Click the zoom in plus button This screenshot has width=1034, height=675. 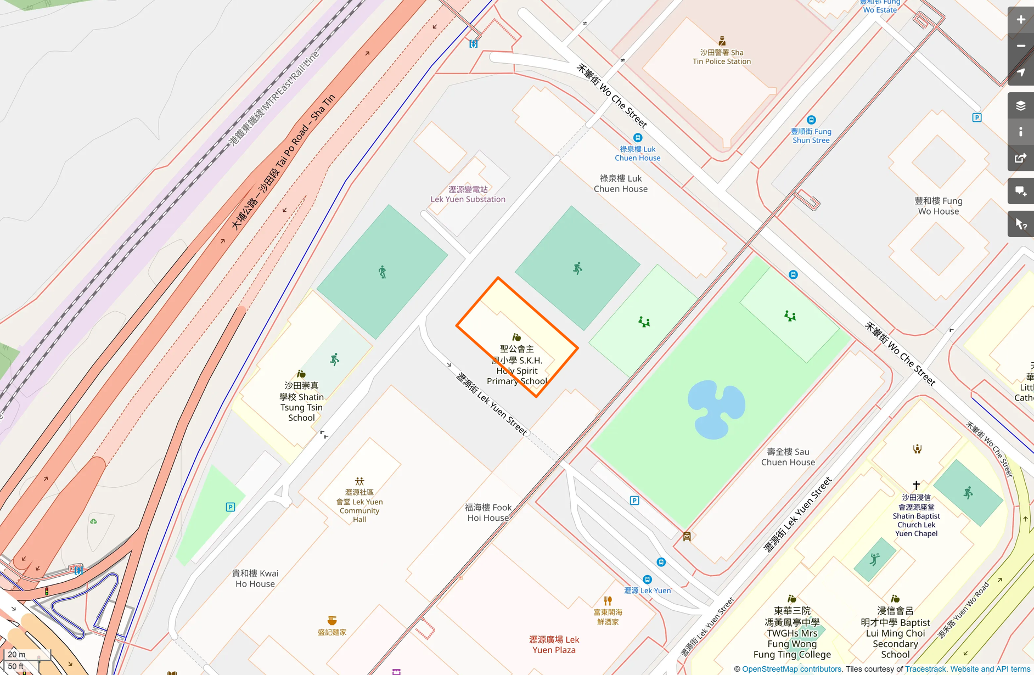coord(1020,20)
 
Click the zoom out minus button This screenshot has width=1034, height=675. coord(1020,46)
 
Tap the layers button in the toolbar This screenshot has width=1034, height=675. coord(1020,106)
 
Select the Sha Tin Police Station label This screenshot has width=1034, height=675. coord(721,57)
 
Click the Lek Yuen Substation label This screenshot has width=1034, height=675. coord(468,194)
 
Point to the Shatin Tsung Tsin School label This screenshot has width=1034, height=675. coord(301,402)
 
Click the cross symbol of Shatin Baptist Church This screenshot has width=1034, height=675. coord(916,485)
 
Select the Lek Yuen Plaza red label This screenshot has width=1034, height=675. coord(554,644)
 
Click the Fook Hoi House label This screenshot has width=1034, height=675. coord(488,513)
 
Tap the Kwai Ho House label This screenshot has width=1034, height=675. coord(255,578)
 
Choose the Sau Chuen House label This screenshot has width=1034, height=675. coord(788,457)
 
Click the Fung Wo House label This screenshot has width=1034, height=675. coord(938,206)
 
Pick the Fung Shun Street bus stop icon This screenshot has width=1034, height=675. coord(811,120)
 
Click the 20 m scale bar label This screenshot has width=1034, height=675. coord(17,654)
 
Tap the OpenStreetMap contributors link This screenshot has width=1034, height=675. coord(791,669)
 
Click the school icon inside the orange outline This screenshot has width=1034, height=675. coord(516,337)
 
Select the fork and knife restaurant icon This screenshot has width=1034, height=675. coord(607,600)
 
